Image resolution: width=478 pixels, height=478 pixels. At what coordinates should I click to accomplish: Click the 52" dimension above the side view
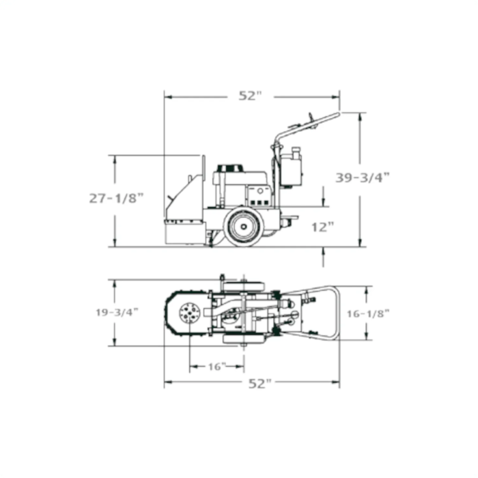(x=250, y=96)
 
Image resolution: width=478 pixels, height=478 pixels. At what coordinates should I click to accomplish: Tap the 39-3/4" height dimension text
(x=362, y=177)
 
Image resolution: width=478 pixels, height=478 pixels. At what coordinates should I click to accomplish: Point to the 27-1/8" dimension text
(x=117, y=198)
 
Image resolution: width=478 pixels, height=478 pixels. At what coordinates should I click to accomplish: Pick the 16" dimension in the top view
(x=216, y=367)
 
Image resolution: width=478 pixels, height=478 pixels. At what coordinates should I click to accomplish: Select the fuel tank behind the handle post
(x=292, y=166)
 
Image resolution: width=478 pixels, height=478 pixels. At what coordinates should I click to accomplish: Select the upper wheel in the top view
(x=244, y=282)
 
